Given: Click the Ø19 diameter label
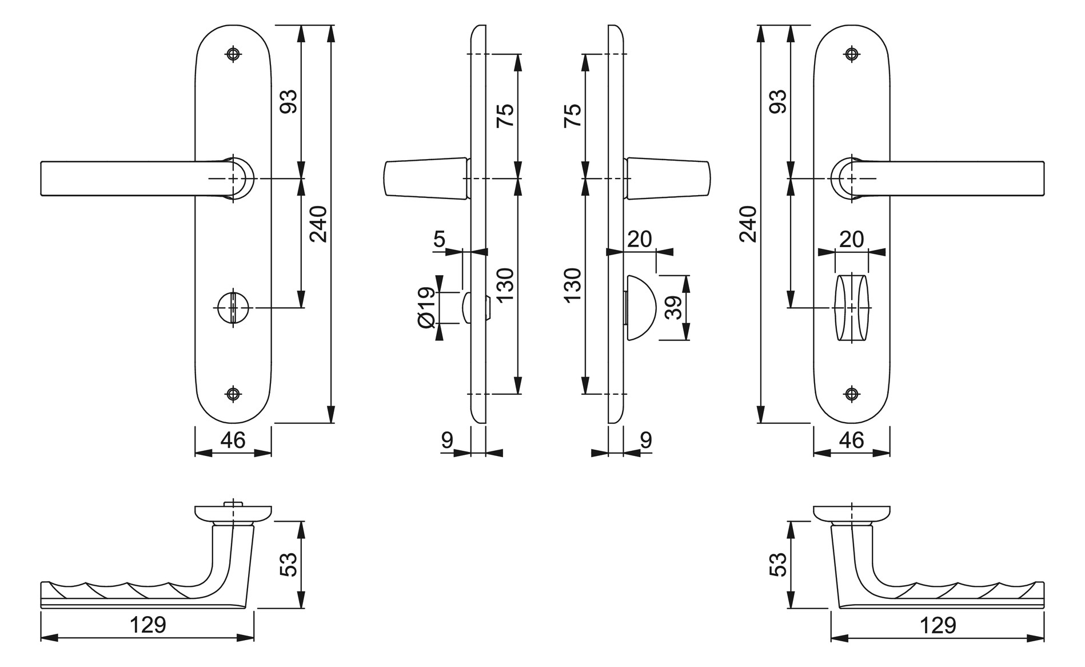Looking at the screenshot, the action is point(427,308).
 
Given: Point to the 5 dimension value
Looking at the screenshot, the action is point(439,239).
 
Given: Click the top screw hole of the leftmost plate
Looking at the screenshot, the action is point(233,54).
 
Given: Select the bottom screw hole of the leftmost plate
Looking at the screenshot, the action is point(233,394).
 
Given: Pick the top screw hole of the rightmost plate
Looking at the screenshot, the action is point(852,54).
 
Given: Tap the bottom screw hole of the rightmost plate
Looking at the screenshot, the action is point(852,394).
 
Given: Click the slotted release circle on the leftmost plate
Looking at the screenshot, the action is point(233,308).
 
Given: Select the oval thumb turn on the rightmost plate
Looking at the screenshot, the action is point(851,308).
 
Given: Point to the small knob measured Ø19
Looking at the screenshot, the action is point(466,308).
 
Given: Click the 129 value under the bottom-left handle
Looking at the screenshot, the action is point(147,625).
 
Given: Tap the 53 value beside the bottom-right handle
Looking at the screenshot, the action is point(779,564).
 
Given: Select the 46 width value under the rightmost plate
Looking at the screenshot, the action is point(851,440).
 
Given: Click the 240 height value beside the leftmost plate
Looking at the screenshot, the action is point(318,224).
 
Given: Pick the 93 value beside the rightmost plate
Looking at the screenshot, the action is point(779,101).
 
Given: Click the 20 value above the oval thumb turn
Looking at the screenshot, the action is point(851,239).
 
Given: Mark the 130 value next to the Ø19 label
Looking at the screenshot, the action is point(505,284).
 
